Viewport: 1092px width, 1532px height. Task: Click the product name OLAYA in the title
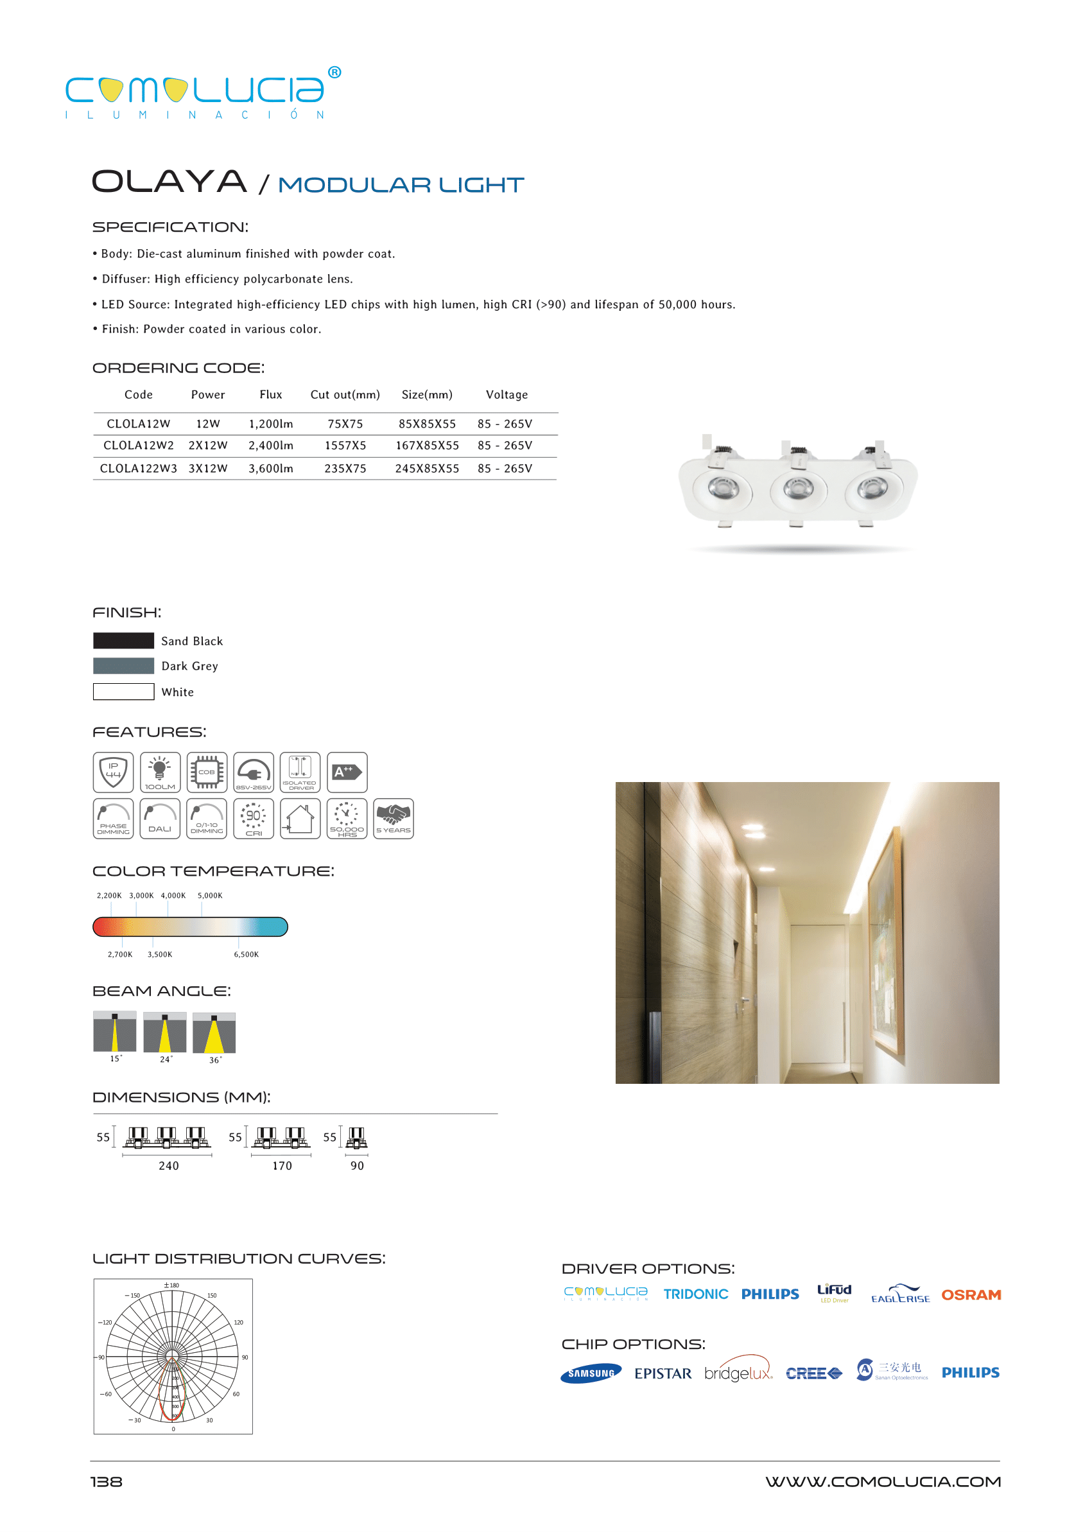(169, 182)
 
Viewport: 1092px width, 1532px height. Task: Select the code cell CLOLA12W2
(139, 446)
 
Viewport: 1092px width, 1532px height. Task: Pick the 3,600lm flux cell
(271, 469)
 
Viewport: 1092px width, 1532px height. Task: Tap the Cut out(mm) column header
(345, 395)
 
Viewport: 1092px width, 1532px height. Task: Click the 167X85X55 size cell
(427, 446)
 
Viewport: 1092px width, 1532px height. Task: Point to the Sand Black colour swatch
(124, 641)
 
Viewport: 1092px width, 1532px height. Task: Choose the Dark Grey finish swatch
(124, 666)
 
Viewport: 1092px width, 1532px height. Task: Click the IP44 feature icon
(113, 772)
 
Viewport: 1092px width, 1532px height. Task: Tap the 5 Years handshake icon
(394, 819)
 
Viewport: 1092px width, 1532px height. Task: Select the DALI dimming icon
(160, 819)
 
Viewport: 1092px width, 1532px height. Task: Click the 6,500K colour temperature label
(246, 954)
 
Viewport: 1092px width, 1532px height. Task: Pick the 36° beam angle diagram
(214, 1034)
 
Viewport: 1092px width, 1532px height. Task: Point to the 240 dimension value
(169, 1166)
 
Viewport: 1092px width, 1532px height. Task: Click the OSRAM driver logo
(971, 1295)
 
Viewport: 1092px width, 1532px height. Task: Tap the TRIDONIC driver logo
(695, 1294)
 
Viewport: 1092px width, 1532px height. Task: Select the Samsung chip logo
(591, 1373)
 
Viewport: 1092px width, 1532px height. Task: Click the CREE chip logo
(813, 1373)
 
